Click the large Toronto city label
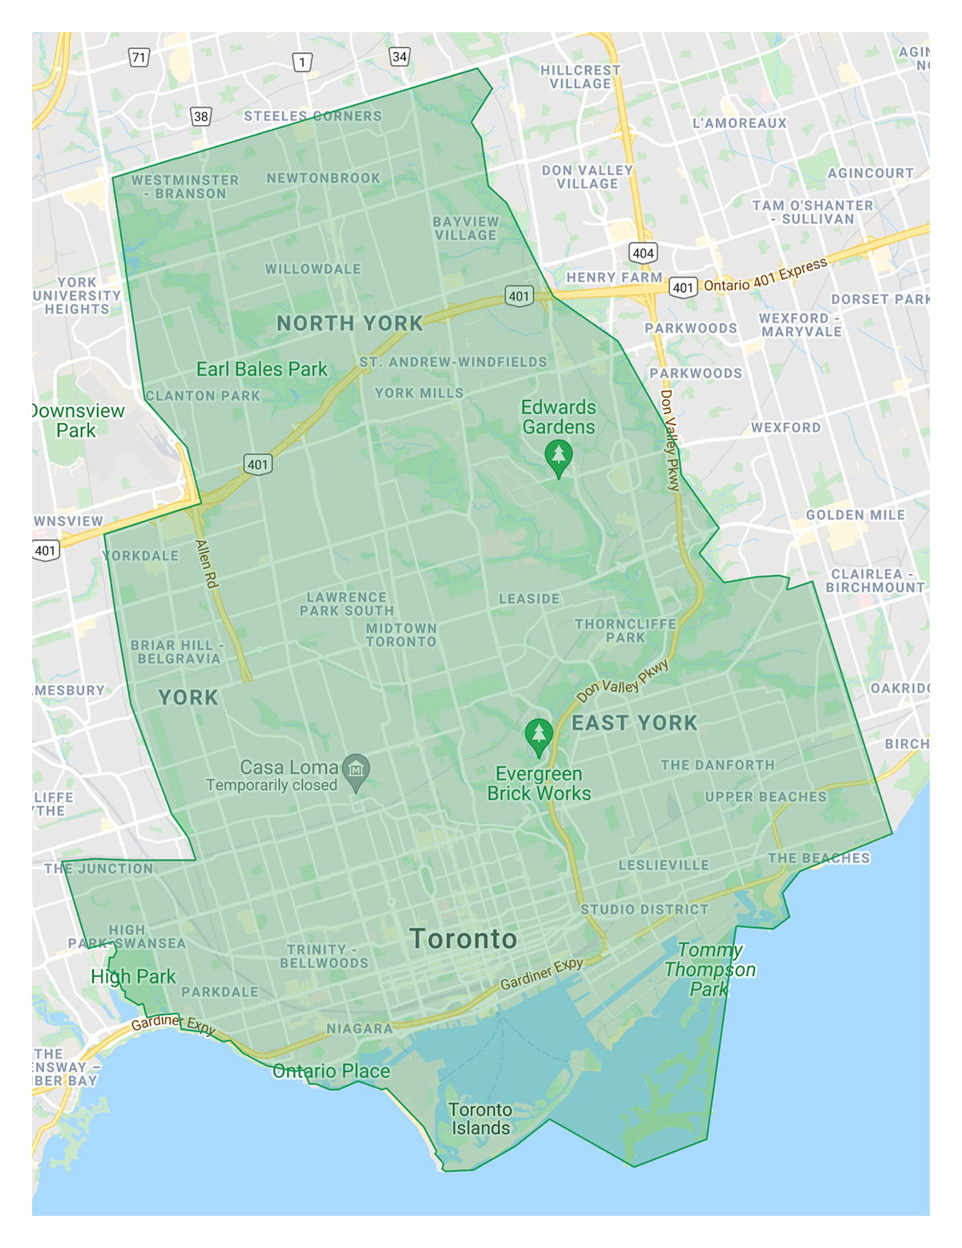[x=463, y=939]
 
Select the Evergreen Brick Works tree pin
[x=539, y=735]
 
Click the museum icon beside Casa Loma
[x=356, y=770]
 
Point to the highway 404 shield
[x=643, y=253]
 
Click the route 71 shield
[x=139, y=57]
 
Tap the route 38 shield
[x=200, y=116]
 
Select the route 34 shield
[x=399, y=56]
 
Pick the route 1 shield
[x=302, y=62]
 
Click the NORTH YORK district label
[x=350, y=323]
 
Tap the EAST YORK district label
[x=634, y=723]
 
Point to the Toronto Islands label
[x=480, y=1119]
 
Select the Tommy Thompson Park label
[x=710, y=970]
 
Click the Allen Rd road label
[x=207, y=564]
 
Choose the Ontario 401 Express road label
[x=765, y=275]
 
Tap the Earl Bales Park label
[x=262, y=369]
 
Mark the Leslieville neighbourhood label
[x=664, y=865]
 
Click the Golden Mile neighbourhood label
[x=855, y=515]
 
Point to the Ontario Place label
[x=331, y=1071]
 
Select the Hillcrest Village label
[x=580, y=77]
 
